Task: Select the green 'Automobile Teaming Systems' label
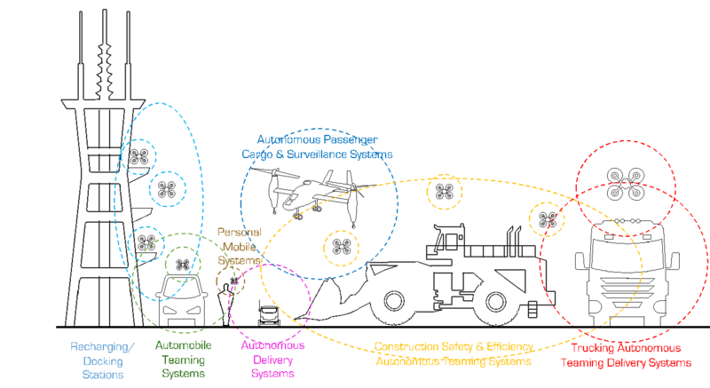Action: click(x=182, y=360)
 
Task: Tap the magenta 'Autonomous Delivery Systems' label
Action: click(x=273, y=360)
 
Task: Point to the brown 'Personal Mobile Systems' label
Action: click(x=240, y=245)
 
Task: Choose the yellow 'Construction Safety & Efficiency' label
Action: click(x=453, y=353)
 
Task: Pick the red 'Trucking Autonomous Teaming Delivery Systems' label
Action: click(x=625, y=353)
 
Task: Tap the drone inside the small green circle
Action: click(x=182, y=264)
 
